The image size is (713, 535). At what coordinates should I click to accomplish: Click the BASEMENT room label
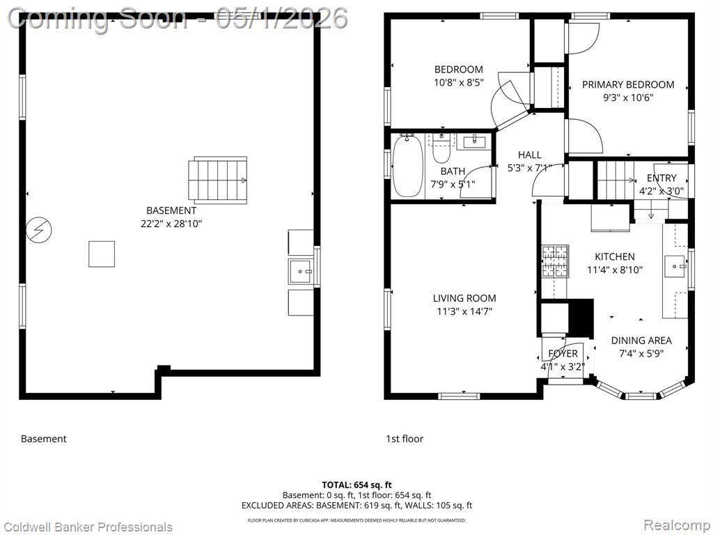pyautogui.click(x=171, y=210)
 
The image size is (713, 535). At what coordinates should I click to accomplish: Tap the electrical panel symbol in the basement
pyautogui.click(x=39, y=230)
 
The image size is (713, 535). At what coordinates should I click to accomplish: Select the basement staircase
pyautogui.click(x=218, y=180)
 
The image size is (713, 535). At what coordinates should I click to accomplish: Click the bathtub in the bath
pyautogui.click(x=407, y=166)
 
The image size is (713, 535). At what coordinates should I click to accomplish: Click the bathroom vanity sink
pyautogui.click(x=474, y=141)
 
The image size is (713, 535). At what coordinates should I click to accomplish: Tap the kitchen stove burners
pyautogui.click(x=555, y=262)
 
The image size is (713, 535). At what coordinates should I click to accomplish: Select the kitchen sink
pyautogui.click(x=675, y=266)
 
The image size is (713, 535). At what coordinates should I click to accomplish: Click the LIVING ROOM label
pyautogui.click(x=464, y=298)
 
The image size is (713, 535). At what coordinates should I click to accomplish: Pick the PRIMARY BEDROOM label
pyautogui.click(x=628, y=84)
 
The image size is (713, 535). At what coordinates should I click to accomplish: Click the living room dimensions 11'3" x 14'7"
pyautogui.click(x=464, y=311)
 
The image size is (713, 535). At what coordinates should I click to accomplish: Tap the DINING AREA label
pyautogui.click(x=641, y=340)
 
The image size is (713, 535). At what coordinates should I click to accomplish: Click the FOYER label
pyautogui.click(x=563, y=353)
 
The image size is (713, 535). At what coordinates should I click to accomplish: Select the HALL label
pyautogui.click(x=530, y=155)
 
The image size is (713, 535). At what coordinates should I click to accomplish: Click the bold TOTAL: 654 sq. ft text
pyautogui.click(x=356, y=485)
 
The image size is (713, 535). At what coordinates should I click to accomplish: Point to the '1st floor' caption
pyautogui.click(x=405, y=439)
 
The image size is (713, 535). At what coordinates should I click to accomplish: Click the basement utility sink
pyautogui.click(x=301, y=272)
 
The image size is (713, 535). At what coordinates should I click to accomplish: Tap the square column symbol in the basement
pyautogui.click(x=102, y=254)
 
